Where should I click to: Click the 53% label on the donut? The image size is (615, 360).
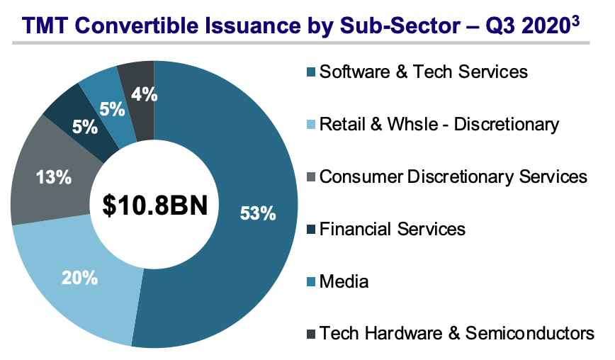click(257, 213)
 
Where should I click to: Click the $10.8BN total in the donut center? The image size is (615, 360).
click(154, 206)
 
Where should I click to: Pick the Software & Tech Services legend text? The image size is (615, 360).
click(424, 72)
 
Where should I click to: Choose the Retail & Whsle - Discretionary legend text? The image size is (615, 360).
click(439, 124)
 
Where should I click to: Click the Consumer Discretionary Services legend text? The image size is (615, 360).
click(453, 176)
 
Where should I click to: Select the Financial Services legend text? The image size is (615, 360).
click(393, 229)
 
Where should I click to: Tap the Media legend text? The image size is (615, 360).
click(344, 281)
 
